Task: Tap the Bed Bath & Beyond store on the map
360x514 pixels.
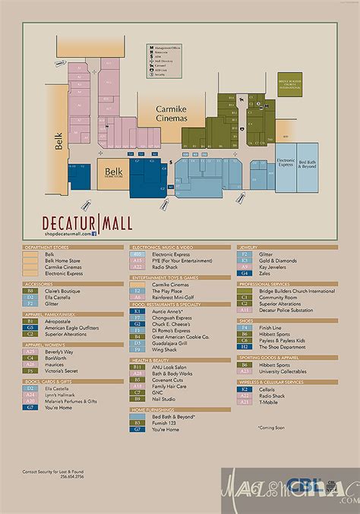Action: pyautogui.click(x=308, y=164)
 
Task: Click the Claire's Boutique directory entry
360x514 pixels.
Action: pyautogui.click(x=62, y=290)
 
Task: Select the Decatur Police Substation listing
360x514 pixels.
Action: pyautogui.click(x=286, y=310)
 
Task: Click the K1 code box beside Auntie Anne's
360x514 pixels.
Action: pyautogui.click(x=137, y=311)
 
